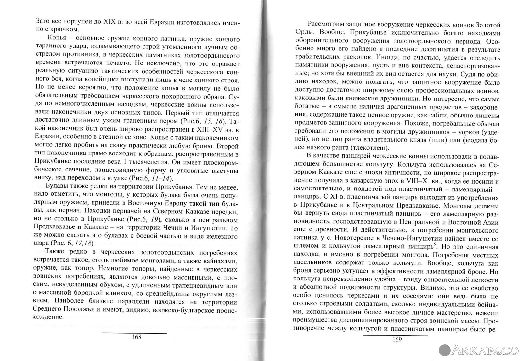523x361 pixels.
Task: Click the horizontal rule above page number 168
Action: (x=135, y=333)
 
